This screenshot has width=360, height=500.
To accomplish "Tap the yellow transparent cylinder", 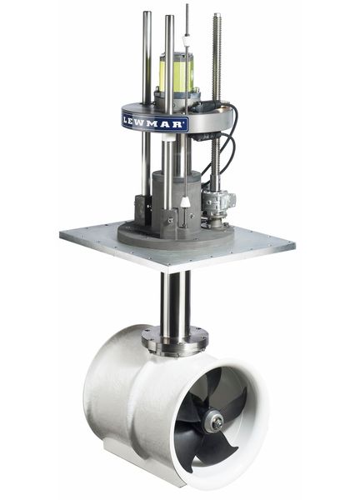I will click(x=177, y=73).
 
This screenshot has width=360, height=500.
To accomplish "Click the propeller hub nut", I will click(x=217, y=423).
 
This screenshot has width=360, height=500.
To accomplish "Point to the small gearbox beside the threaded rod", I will click(x=219, y=202).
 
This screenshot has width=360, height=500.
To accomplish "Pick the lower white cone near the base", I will click(x=182, y=203).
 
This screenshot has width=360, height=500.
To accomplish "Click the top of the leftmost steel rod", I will click(x=147, y=14).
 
